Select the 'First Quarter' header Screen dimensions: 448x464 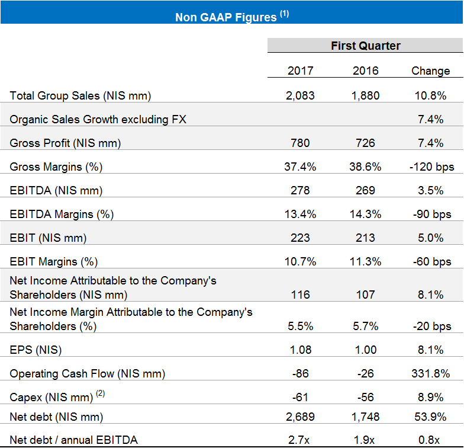click(x=365, y=46)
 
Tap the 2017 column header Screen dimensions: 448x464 click(x=301, y=71)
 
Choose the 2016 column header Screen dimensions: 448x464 click(x=365, y=71)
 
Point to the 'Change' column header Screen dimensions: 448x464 click(x=430, y=71)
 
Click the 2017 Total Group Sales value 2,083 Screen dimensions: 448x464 click(x=301, y=95)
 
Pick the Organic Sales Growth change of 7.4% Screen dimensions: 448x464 click(x=430, y=119)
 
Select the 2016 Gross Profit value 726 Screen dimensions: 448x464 click(x=365, y=143)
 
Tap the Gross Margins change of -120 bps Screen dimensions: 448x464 click(x=430, y=167)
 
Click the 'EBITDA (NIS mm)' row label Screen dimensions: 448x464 click(x=56, y=190)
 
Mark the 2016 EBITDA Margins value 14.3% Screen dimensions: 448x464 click(x=365, y=214)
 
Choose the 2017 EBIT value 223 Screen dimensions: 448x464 click(x=301, y=238)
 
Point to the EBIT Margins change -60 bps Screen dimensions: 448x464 click(x=430, y=261)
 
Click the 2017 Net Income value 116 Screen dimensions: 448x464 click(x=301, y=295)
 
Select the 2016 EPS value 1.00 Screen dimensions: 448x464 click(x=365, y=350)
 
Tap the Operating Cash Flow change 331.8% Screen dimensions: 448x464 click(x=430, y=373)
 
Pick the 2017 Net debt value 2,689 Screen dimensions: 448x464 click(x=301, y=417)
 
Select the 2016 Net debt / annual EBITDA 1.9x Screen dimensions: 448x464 click(x=365, y=439)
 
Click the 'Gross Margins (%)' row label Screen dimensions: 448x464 click(x=56, y=167)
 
